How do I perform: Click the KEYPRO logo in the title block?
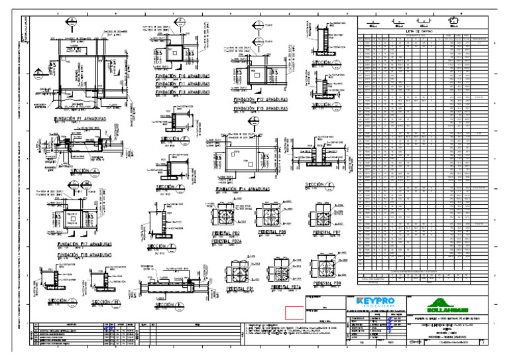(375, 302)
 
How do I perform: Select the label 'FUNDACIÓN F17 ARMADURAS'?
(84, 244)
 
